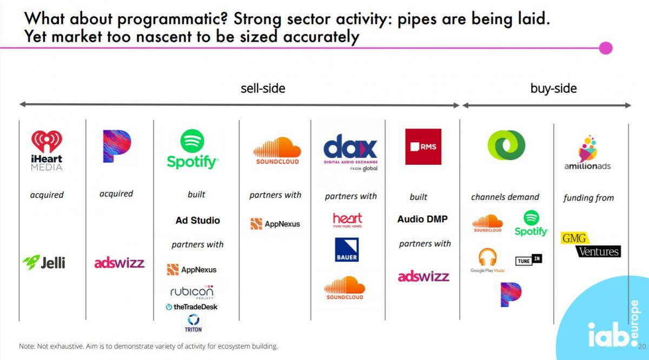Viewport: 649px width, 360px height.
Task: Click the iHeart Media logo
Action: [47, 150]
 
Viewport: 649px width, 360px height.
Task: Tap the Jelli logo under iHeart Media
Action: [44, 262]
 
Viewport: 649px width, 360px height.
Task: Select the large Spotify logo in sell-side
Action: [193, 149]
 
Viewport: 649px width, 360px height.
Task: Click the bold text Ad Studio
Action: [197, 220]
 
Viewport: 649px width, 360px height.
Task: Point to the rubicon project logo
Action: [192, 292]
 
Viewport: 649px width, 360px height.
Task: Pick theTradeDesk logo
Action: [192, 306]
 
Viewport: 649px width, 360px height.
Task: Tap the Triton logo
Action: [193, 323]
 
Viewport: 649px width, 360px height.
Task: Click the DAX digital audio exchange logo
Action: [350, 152]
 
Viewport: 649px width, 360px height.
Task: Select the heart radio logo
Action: [347, 220]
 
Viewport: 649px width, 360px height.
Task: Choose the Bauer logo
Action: [346, 249]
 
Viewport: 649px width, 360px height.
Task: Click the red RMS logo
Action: [423, 146]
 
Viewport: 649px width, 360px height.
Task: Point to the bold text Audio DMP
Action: [422, 219]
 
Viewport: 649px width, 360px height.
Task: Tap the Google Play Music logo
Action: [487, 260]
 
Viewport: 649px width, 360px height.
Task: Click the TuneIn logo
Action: [528, 259]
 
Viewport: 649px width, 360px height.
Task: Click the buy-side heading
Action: [553, 89]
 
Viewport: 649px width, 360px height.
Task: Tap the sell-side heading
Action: [263, 88]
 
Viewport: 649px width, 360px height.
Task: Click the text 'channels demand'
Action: [505, 197]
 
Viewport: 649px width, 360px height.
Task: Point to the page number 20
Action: [642, 346]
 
